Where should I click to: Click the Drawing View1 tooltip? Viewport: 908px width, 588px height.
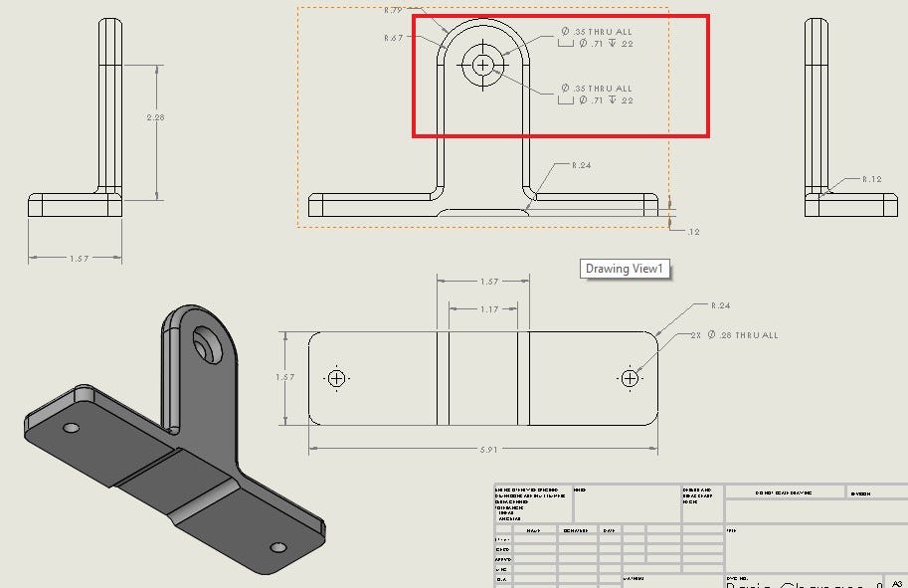point(624,269)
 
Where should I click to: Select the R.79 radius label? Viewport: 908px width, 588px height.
point(392,11)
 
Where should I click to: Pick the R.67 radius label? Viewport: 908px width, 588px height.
point(392,38)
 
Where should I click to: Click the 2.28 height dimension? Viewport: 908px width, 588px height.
point(155,117)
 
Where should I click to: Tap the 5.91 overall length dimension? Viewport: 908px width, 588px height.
point(488,450)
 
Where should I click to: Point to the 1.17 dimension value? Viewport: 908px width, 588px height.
point(488,309)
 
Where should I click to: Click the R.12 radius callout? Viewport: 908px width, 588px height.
point(871,179)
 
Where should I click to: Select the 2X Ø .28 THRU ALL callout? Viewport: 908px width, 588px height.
point(734,335)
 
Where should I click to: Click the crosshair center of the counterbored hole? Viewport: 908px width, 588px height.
point(483,65)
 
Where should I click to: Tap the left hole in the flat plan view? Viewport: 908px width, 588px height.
point(336,378)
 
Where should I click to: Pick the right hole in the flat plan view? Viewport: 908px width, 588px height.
point(630,378)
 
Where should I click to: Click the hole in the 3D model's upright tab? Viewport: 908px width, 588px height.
point(210,344)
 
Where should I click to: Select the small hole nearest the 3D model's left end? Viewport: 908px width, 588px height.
point(71,428)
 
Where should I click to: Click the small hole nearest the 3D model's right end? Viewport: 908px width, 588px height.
point(278,547)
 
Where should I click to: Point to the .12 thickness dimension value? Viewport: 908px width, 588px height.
point(692,231)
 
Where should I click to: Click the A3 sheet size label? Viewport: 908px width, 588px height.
point(897,583)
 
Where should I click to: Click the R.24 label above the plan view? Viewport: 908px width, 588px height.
point(720,305)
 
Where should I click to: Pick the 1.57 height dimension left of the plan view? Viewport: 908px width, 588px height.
point(284,377)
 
